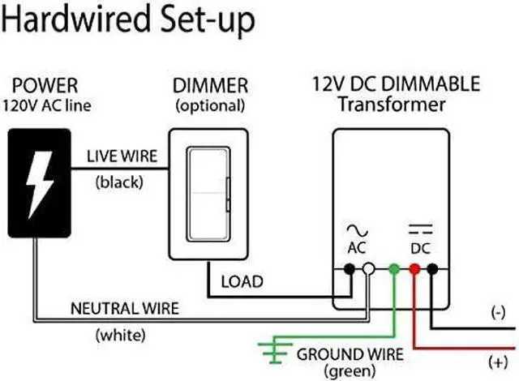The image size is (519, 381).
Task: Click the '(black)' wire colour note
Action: coord(118,182)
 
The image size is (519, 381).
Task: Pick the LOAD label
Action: coord(242,281)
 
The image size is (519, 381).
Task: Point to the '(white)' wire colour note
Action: coord(119,334)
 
